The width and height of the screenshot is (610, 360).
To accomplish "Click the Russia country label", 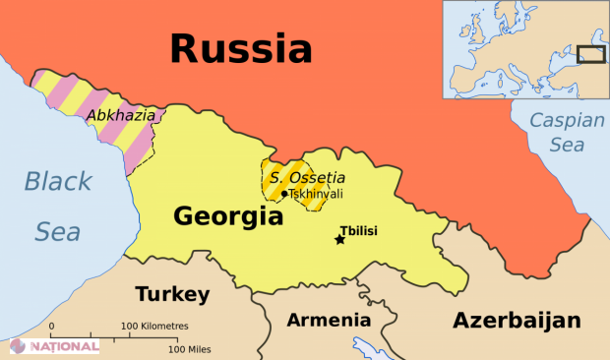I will pos(241,47).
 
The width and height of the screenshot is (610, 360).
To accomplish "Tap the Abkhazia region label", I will pos(121,115).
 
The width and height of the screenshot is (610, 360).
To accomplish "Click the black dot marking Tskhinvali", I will pos(284,194).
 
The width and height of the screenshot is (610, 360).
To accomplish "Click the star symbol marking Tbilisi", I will pos(340,239).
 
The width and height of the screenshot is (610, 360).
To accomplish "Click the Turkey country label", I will pos(172,294).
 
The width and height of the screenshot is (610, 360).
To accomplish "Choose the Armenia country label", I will pos(329,320).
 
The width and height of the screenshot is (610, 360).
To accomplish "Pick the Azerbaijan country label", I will pos(516,320).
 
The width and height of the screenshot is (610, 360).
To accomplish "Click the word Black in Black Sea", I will pos(58,182).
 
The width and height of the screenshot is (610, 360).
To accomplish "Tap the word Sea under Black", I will pos(58,232).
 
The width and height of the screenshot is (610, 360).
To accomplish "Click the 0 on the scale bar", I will pos(51,326).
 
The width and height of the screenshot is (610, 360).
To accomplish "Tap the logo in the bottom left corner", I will pos(54,346).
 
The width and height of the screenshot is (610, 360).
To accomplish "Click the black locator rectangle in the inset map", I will pos(589,55).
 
